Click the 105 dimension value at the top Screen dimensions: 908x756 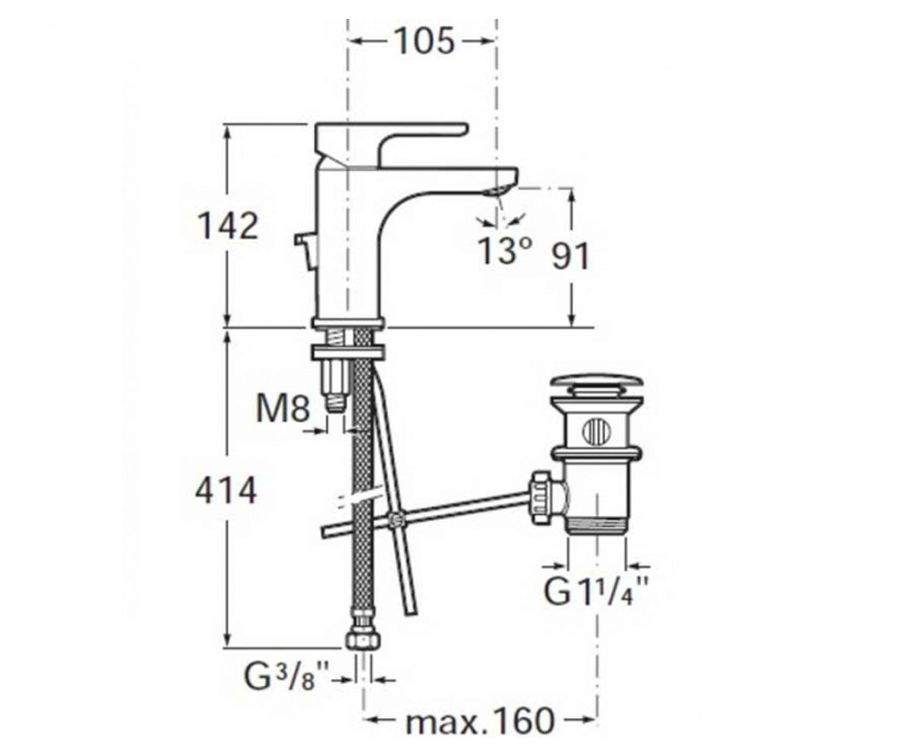[424, 42]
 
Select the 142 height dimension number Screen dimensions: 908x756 [228, 226]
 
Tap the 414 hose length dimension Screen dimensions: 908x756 [226, 491]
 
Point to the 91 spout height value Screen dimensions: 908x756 [570, 256]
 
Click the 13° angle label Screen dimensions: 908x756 [505, 251]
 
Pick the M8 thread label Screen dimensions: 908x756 [283, 409]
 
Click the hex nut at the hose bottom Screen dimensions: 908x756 [362, 640]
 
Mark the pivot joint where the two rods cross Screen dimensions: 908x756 [394, 519]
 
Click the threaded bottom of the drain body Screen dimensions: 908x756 [597, 525]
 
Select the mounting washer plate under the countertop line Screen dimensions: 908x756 [348, 352]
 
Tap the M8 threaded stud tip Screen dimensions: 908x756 [335, 405]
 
